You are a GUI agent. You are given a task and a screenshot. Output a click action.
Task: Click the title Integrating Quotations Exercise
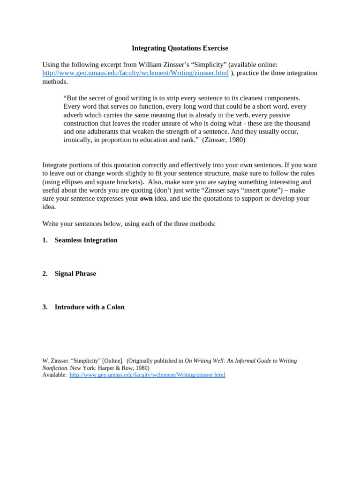click(180, 48)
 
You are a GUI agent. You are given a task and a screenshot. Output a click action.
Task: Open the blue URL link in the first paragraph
click(135, 73)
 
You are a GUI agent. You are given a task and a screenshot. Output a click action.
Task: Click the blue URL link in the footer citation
click(147, 375)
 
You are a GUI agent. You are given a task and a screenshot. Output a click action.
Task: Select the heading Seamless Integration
click(86, 240)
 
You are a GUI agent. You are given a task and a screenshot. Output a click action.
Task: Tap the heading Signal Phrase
click(75, 274)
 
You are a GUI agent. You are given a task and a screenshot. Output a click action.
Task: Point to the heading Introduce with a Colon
click(90, 307)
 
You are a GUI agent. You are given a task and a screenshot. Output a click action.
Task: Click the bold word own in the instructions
click(146, 199)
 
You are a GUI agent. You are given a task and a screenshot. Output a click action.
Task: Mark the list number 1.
click(45, 240)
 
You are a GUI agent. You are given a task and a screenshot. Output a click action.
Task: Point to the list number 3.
click(45, 307)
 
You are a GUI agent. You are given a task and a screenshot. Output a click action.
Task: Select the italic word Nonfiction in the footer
click(54, 368)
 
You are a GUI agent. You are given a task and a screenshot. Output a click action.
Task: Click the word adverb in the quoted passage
click(74, 115)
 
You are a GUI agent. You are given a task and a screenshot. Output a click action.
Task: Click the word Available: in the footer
click(54, 375)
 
